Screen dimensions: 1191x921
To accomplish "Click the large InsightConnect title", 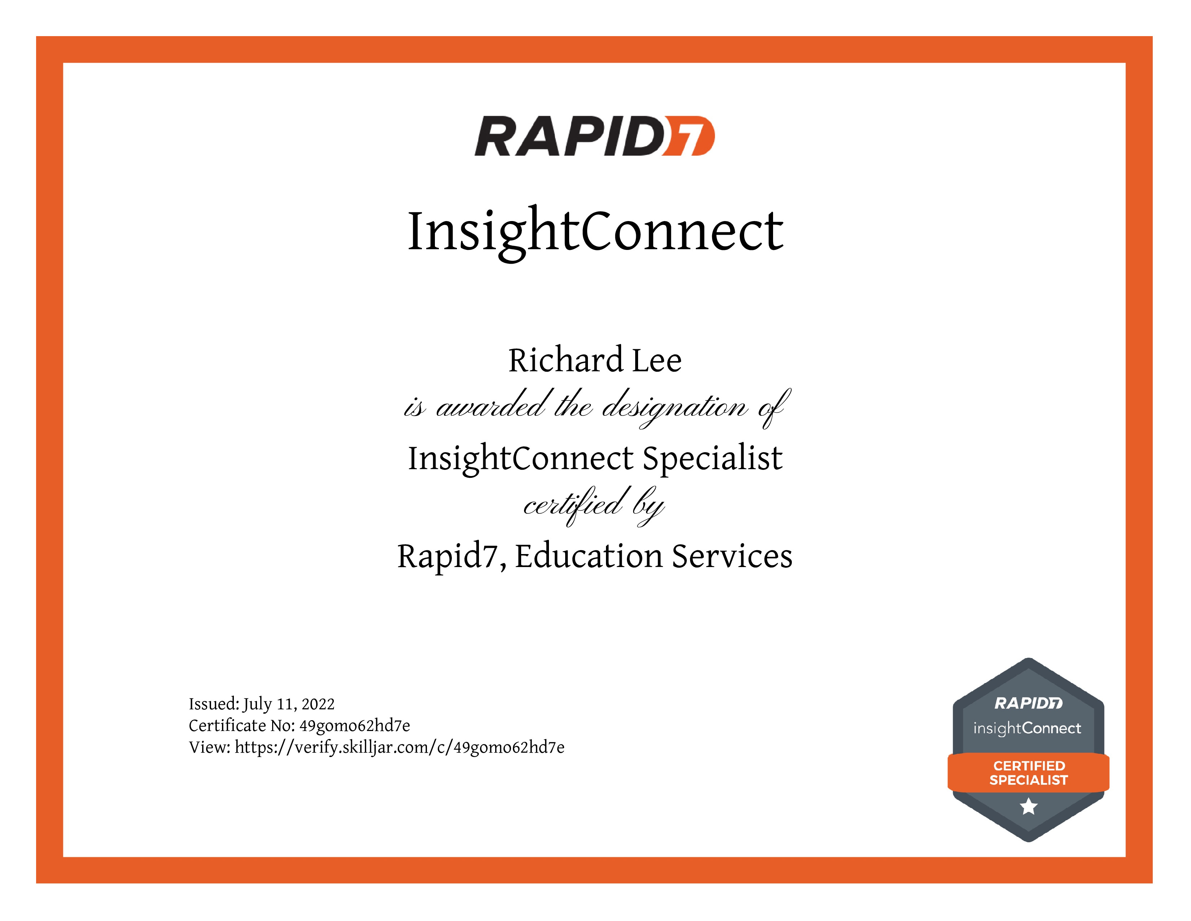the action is (x=595, y=232).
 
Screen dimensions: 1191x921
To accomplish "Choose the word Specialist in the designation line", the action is (x=713, y=459).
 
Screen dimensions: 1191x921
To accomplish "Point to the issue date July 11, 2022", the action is (x=288, y=704).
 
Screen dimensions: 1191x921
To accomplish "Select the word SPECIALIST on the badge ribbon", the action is (x=1029, y=780).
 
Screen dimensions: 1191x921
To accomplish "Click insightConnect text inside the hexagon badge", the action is (x=1028, y=728).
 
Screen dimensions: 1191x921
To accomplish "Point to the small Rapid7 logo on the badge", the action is (x=1029, y=703).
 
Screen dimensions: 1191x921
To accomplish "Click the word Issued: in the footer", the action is (x=214, y=704).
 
